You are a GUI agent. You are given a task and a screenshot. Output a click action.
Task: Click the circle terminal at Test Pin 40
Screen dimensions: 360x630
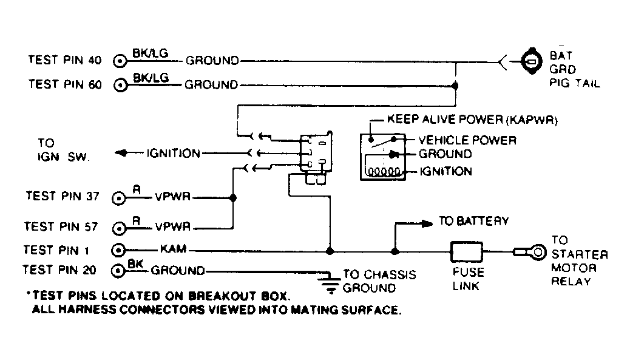tap(121, 61)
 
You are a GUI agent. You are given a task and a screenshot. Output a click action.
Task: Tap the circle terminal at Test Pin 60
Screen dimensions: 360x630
tap(121, 85)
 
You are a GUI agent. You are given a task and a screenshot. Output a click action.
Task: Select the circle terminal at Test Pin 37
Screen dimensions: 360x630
tap(120, 198)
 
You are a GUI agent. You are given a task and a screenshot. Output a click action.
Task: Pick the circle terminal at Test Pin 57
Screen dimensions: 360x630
tap(120, 228)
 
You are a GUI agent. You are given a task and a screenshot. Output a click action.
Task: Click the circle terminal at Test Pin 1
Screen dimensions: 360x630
tap(120, 250)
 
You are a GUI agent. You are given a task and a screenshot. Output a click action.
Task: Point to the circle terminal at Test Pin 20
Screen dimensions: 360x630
tap(120, 270)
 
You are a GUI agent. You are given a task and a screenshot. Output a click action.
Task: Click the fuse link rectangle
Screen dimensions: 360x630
tap(466, 250)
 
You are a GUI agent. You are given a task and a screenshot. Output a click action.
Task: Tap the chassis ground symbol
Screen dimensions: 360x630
tap(330, 279)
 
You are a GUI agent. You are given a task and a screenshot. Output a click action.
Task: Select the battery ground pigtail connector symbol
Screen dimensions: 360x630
tap(531, 61)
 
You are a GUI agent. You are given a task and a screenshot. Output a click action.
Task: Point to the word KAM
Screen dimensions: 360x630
tap(173, 250)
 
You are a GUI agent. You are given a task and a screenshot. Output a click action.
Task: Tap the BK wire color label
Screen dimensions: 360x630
tap(135, 264)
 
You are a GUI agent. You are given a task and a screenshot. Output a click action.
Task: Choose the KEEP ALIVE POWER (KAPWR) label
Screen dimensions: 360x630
tap(472, 120)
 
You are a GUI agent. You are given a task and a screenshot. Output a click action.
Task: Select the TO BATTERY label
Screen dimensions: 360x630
tap(473, 222)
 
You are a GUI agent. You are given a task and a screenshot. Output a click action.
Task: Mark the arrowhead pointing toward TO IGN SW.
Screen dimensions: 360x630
tap(121, 154)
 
